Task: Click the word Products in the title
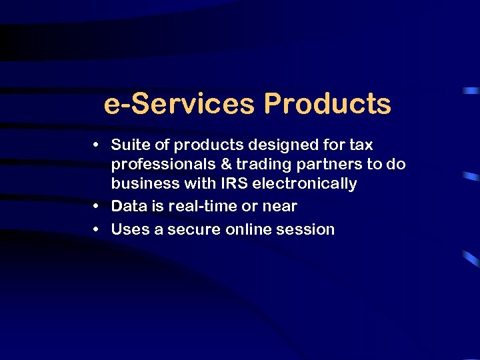click(x=327, y=104)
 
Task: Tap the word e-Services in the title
click(x=179, y=104)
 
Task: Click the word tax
click(x=361, y=145)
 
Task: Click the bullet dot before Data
click(x=97, y=207)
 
